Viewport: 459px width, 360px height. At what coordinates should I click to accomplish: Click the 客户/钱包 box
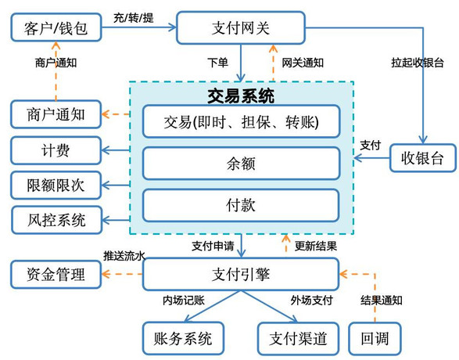tap(56, 27)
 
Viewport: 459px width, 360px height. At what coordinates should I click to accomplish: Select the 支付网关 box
tap(241, 28)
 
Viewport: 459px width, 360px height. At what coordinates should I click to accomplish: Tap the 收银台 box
tap(423, 157)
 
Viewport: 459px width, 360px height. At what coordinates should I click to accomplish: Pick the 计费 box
tap(56, 150)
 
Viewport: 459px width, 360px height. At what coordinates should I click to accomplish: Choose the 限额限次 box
tap(56, 185)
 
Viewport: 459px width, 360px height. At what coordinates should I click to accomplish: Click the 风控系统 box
tap(56, 220)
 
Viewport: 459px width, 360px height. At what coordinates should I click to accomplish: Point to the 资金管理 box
tap(56, 274)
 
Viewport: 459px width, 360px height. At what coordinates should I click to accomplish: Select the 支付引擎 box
tap(241, 274)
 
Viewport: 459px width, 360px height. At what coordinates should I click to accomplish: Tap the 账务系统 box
tap(183, 338)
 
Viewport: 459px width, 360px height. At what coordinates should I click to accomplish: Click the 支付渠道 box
tap(298, 338)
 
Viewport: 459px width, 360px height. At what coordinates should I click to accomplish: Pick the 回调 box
tap(375, 338)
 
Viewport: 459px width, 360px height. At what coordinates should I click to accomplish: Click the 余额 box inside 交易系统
tap(241, 163)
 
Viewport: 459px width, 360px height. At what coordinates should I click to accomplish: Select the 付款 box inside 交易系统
tap(241, 205)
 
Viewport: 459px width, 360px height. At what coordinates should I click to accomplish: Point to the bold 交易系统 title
tap(241, 95)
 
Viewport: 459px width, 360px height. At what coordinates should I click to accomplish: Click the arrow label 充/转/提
tap(134, 18)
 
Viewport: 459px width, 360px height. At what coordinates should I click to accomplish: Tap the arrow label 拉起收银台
tap(418, 63)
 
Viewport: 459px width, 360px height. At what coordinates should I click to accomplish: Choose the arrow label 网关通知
tap(303, 63)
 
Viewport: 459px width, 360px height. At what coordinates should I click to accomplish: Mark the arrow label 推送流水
tap(124, 256)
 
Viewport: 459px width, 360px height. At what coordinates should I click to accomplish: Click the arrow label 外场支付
tap(311, 301)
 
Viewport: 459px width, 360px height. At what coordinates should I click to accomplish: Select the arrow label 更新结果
tap(316, 246)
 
